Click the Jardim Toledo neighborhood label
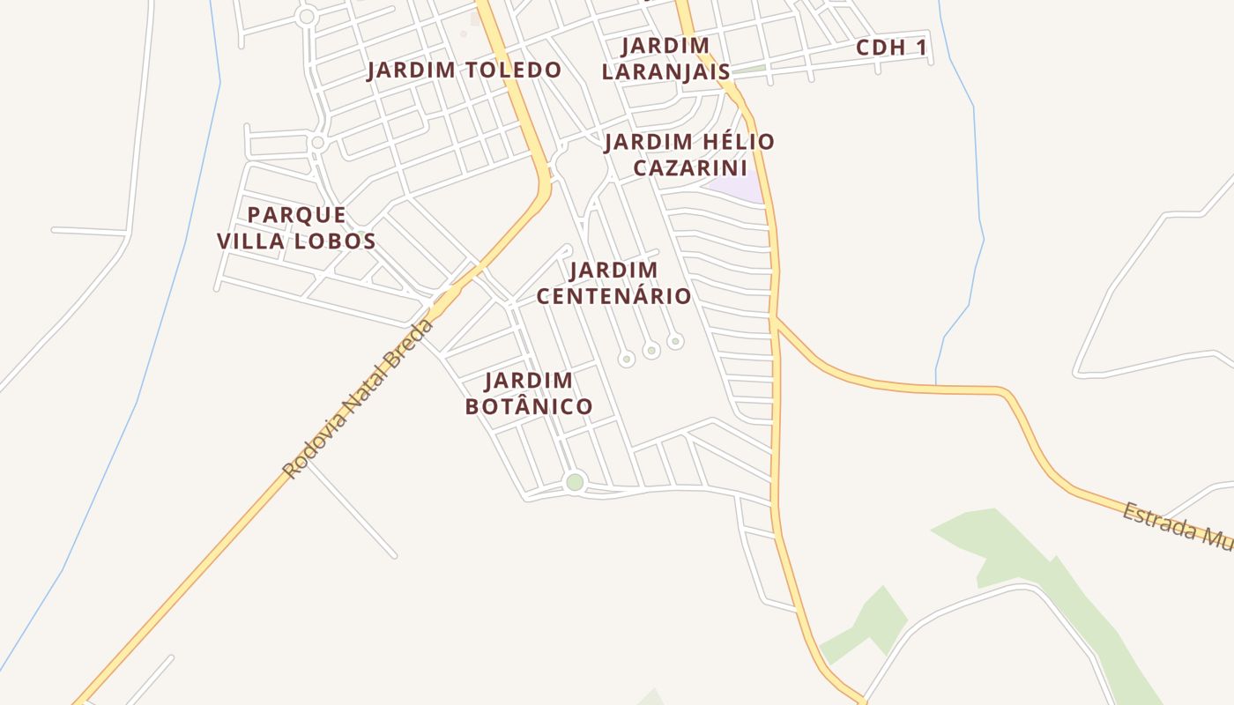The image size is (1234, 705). [x=464, y=70]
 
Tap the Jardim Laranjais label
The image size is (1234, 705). [x=665, y=58]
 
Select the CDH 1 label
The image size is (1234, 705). [x=892, y=48]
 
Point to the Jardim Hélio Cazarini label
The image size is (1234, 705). [x=689, y=154]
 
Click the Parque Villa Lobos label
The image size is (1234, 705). [x=296, y=227]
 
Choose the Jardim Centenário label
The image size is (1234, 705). [x=613, y=283]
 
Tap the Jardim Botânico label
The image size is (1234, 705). [x=529, y=393]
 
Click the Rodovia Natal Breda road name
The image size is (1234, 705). [x=359, y=399]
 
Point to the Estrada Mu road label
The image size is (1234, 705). [x=1178, y=526]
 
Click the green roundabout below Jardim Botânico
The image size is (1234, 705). [x=575, y=482]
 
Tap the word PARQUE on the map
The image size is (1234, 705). [x=296, y=214]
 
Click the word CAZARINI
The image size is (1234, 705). [x=690, y=167]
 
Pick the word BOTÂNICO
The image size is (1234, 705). [x=529, y=406]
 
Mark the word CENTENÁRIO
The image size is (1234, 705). [x=613, y=296]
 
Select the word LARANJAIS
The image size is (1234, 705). [x=665, y=71]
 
